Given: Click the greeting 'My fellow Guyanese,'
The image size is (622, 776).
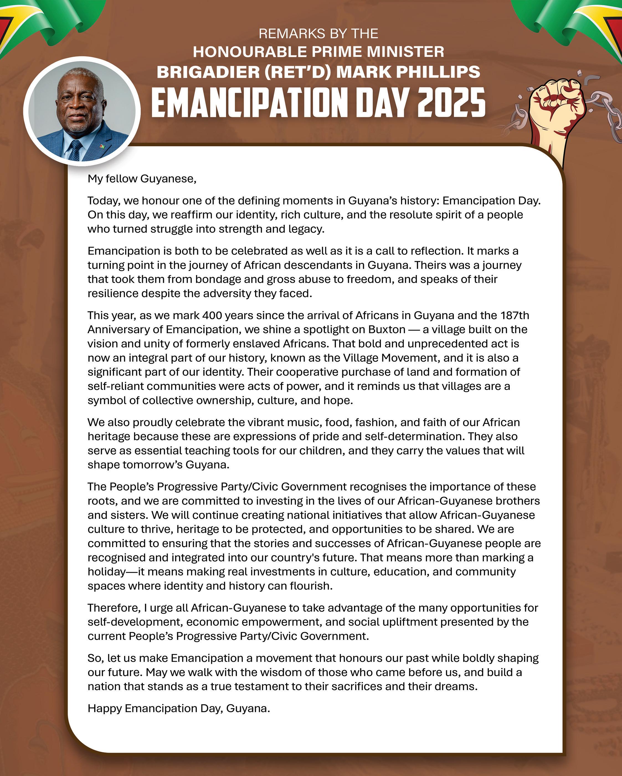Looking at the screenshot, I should click(142, 179).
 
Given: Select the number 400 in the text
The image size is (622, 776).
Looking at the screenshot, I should click(212, 315).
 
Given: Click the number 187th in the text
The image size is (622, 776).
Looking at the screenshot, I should click(515, 315).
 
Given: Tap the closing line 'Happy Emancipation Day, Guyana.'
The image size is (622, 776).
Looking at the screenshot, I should click(178, 708).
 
